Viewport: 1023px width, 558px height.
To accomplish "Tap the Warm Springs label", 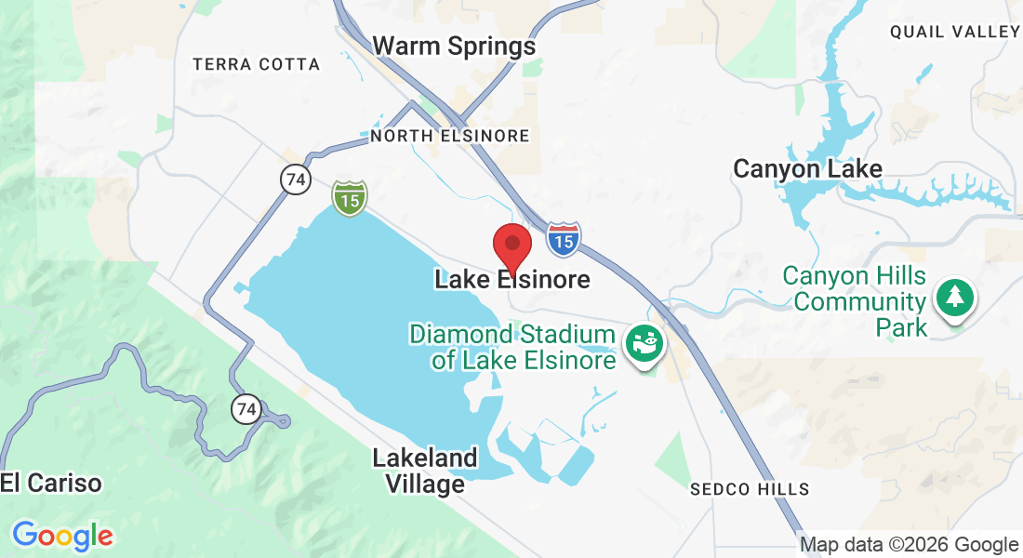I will pos(454,46).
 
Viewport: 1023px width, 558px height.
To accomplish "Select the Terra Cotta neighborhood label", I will pos(256,64).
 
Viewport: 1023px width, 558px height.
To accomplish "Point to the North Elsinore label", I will pos(450,136).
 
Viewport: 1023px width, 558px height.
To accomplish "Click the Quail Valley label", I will pos(955,32).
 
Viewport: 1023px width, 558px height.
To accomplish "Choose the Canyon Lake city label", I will pos(807,169).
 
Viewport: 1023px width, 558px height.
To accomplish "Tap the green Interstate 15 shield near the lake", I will pos(350,197).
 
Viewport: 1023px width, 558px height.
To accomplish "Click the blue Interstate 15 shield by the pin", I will pos(563,239).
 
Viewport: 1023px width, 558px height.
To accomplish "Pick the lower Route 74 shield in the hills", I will pos(246,408).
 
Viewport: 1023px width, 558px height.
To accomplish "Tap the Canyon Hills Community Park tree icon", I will pos(954,298).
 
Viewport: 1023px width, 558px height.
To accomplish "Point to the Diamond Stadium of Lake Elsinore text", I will pos(513,347).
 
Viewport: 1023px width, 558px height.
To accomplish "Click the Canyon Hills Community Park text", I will pos(855,301).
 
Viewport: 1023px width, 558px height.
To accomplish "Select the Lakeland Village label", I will pos(425,471).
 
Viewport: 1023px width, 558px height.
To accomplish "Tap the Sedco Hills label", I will pos(750,489).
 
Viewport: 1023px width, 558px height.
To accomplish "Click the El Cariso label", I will pos(51,483).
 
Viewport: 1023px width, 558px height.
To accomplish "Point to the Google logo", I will pos(62,536).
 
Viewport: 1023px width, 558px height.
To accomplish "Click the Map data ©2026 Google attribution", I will pos(910,545).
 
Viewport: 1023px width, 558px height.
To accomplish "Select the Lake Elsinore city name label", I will pos(511,279).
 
